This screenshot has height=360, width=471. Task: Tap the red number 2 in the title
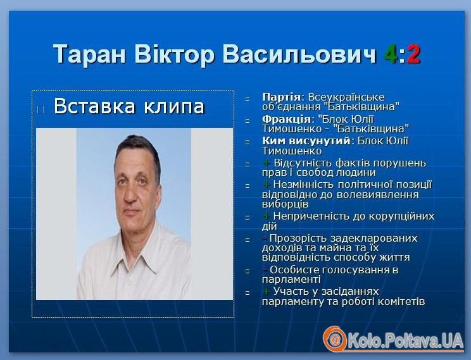pyautogui.click(x=413, y=54)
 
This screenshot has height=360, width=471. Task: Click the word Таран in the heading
pyautogui.click(x=89, y=54)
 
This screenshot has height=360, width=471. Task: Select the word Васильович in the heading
pyautogui.click(x=299, y=54)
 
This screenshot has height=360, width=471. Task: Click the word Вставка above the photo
pyautogui.click(x=95, y=106)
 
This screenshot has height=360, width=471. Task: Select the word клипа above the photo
pyautogui.click(x=175, y=106)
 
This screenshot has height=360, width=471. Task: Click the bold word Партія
pyautogui.click(x=281, y=97)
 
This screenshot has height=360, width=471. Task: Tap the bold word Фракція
pyautogui.click(x=286, y=119)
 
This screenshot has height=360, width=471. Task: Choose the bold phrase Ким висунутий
pyautogui.click(x=306, y=140)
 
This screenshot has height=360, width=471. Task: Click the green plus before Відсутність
pyautogui.click(x=267, y=163)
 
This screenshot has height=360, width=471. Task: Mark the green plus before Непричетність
pyautogui.click(x=267, y=216)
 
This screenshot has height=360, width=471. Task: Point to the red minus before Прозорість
pyautogui.click(x=265, y=239)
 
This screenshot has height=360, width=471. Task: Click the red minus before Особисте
pyautogui.click(x=265, y=270)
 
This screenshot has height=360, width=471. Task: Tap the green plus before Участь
pyautogui.click(x=267, y=291)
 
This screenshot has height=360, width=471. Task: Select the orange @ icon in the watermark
pyautogui.click(x=335, y=339)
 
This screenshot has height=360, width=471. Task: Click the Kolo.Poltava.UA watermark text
pyautogui.click(x=405, y=341)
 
